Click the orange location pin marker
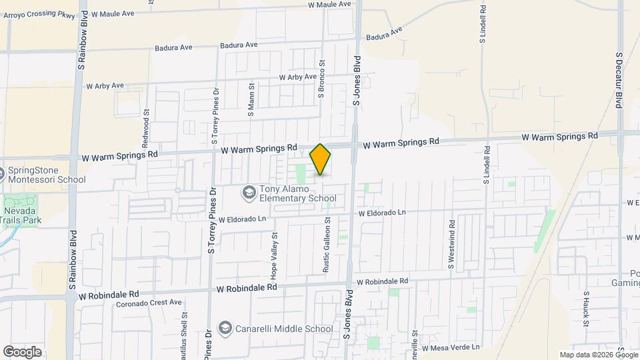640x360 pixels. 321,159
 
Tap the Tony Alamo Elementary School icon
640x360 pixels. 249,193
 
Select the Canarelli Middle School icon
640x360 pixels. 226,329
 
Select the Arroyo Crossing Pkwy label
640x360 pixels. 38,13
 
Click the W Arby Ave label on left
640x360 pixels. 105,86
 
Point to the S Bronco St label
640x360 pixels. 321,79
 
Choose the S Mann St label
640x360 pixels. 251,100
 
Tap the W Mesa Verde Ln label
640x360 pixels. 450,347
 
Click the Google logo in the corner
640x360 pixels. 22,351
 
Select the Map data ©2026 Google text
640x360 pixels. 597,355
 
